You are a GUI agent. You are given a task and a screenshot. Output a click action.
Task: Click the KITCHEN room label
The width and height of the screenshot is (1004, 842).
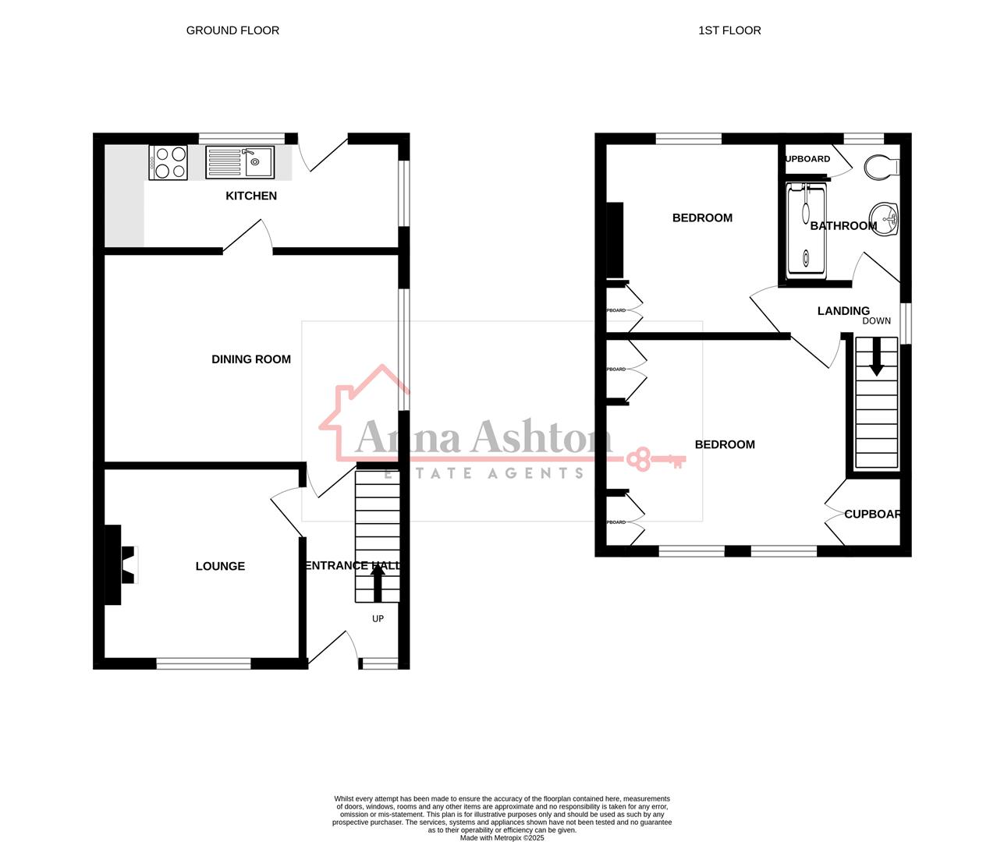[251, 196]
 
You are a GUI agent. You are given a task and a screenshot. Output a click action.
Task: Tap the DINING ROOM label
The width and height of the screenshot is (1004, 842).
[251, 359]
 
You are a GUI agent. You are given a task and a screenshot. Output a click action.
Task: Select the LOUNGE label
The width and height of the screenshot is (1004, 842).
[220, 566]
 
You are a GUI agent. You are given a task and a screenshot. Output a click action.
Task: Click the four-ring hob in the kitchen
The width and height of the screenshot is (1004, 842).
[168, 163]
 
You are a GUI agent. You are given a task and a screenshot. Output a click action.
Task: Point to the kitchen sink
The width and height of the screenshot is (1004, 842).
[239, 163]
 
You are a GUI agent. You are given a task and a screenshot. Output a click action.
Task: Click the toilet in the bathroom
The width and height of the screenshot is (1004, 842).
[882, 167]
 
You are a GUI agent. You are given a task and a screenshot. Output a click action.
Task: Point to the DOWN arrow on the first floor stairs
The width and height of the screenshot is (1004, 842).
[877, 356]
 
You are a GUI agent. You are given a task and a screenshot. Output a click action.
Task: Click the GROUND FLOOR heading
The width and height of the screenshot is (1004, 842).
[232, 30]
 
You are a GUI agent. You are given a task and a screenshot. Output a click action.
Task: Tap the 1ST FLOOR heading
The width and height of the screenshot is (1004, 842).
[729, 30]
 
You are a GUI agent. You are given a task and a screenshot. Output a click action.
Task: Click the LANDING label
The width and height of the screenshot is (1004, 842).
[843, 311]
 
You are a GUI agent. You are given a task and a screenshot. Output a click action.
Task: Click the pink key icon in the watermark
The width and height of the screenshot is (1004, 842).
[655, 459]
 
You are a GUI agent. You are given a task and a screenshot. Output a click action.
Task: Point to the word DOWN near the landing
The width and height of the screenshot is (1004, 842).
[877, 321]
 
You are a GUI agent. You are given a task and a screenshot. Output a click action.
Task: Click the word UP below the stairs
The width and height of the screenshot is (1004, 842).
[378, 619]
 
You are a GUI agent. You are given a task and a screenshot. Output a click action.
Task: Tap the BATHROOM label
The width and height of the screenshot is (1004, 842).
[843, 226]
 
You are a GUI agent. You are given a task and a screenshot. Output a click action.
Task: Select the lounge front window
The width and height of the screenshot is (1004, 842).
[204, 663]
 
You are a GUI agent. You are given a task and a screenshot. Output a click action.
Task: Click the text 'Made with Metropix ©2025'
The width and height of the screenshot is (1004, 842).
[502, 838]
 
